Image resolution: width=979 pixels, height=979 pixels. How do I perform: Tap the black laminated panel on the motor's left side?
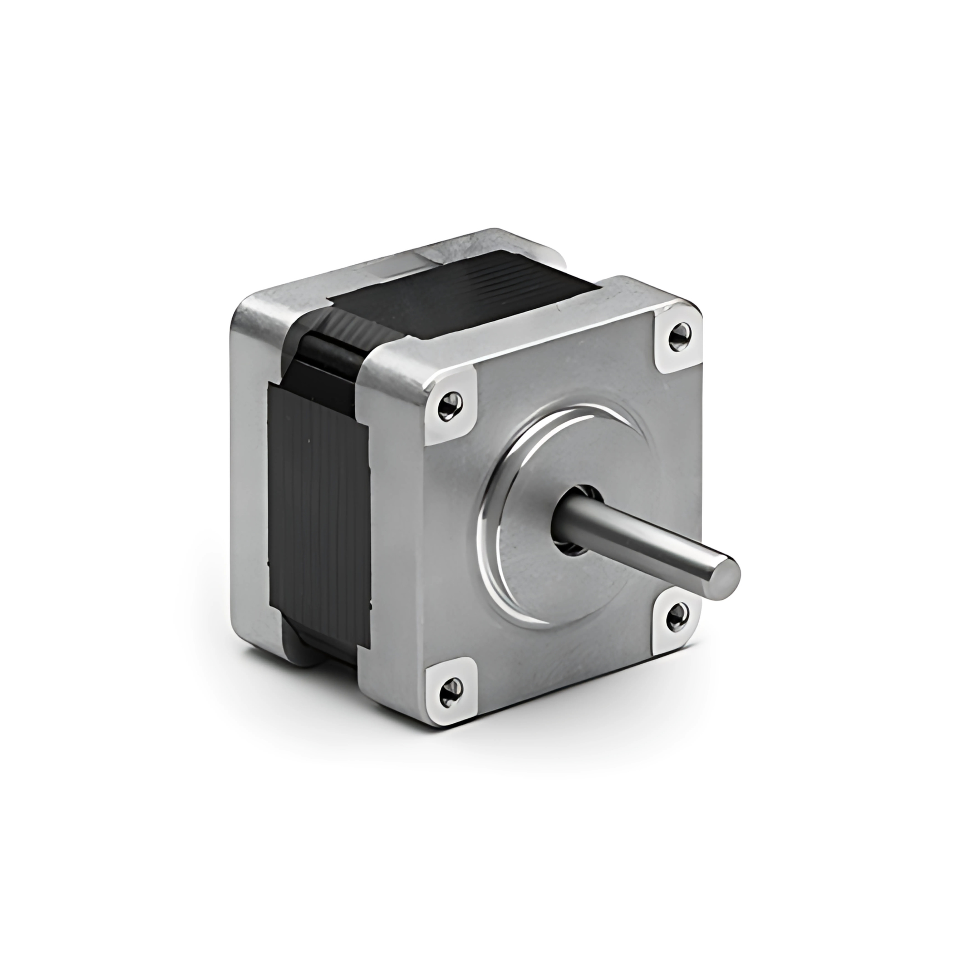tap(318, 517)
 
